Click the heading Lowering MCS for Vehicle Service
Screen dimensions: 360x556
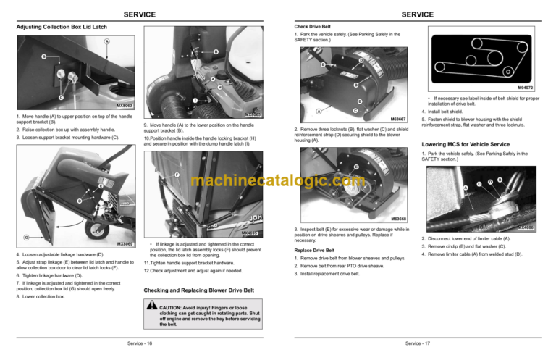click(472, 143)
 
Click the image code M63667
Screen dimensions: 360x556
click(397, 118)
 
